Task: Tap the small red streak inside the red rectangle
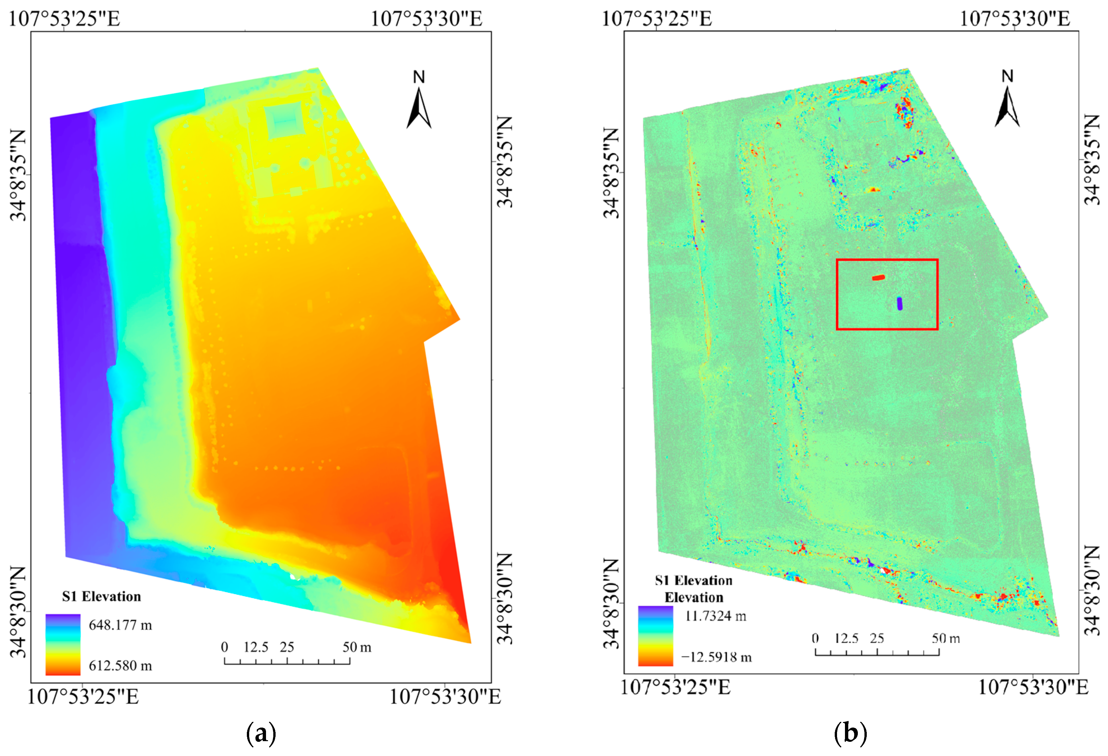tap(878, 278)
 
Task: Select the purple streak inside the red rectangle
tap(899, 303)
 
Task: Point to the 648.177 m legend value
tap(120, 625)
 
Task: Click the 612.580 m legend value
tap(120, 665)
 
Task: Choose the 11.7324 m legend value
tap(715, 616)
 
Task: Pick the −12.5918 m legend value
tap(716, 657)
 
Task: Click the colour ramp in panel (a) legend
tap(63, 644)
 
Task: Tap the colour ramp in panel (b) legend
tap(656, 636)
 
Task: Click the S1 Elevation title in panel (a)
tap(101, 596)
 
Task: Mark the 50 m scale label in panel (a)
tap(357, 647)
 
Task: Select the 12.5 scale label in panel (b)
tap(846, 638)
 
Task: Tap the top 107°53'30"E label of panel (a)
tap(426, 19)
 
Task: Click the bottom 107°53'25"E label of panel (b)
tap(675, 687)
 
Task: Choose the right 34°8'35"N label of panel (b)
tap(1092, 160)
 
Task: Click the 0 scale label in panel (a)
tap(225, 647)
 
